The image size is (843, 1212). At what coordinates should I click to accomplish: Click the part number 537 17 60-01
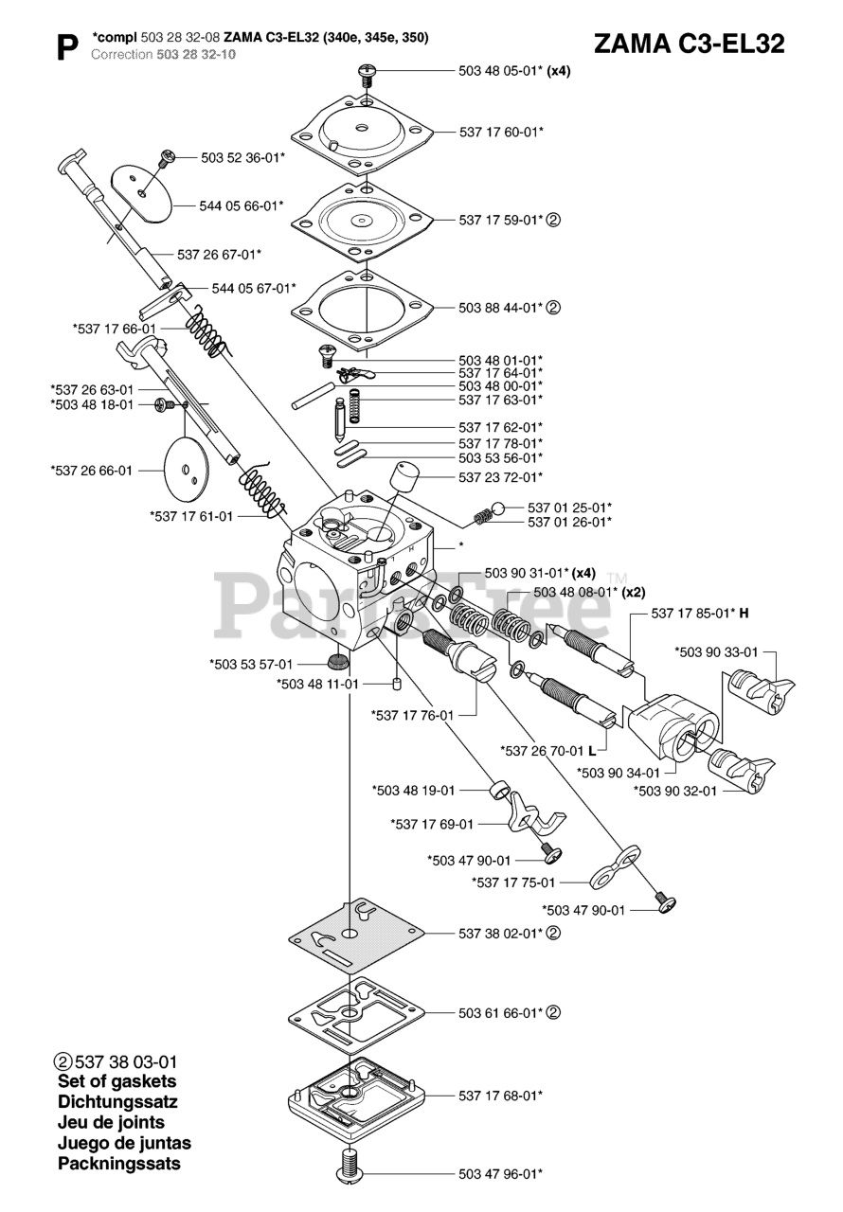501,132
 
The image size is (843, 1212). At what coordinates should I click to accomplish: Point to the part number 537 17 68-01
501,1096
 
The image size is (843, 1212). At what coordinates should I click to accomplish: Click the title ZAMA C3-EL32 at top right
689,44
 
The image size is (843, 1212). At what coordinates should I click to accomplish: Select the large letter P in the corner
66,47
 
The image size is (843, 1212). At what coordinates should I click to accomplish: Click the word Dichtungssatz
117,1102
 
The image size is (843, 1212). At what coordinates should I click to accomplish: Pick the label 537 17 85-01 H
700,613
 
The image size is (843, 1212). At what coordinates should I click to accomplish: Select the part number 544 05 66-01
241,204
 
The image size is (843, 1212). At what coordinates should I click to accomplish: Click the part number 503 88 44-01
501,308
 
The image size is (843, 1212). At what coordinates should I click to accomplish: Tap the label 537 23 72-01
501,476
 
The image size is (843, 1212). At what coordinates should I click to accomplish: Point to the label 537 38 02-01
501,934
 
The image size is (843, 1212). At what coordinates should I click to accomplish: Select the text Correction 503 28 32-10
163,55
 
